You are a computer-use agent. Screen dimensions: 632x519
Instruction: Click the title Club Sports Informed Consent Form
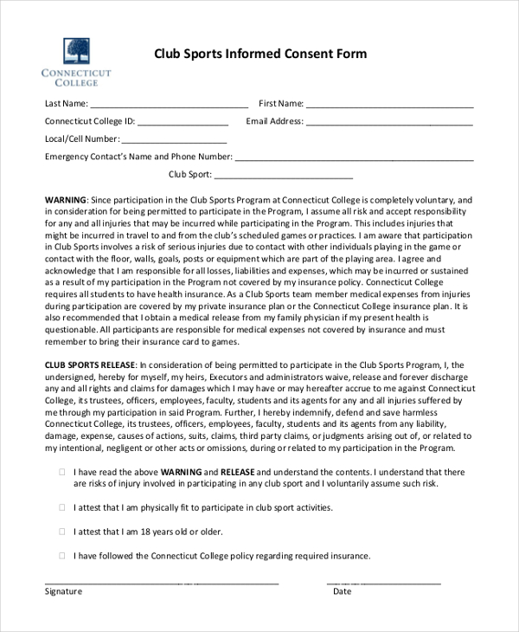pyautogui.click(x=260, y=54)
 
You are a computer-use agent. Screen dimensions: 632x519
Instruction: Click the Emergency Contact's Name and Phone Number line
pyautogui.click(x=354, y=159)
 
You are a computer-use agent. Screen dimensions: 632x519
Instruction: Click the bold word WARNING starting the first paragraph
pyautogui.click(x=66, y=199)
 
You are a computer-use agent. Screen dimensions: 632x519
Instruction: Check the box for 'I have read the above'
pyautogui.click(x=61, y=472)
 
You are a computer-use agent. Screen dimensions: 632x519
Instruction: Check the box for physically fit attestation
pyautogui.click(x=61, y=507)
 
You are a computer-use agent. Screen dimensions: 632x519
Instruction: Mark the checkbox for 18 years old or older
pyautogui.click(x=61, y=532)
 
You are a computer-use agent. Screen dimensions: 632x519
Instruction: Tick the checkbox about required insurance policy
pyautogui.click(x=61, y=556)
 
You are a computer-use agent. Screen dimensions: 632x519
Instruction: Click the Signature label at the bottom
pyautogui.click(x=63, y=591)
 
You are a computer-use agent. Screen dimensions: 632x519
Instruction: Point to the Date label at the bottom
pyautogui.click(x=343, y=591)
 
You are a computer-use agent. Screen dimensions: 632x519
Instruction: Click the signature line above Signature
pyautogui.click(x=162, y=583)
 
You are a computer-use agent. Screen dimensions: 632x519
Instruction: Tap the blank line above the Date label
pyautogui.click(x=383, y=583)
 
